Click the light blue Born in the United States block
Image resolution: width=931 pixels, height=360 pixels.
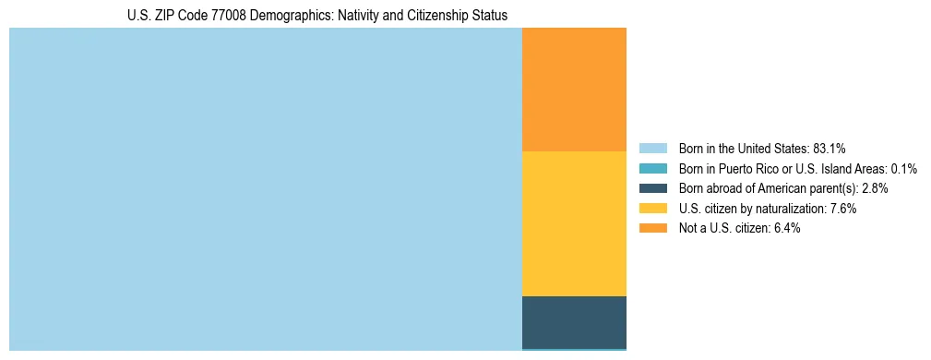(266, 189)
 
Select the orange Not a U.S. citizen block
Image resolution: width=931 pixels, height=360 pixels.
(574, 90)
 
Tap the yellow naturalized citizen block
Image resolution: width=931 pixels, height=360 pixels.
(574, 223)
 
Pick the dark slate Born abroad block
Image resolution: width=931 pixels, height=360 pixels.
(574, 322)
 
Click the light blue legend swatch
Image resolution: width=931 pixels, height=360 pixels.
(652, 148)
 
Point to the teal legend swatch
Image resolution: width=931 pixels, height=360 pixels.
(652, 168)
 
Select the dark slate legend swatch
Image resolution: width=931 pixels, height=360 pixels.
(652, 188)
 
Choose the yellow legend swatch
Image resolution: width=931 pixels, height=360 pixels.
(652, 209)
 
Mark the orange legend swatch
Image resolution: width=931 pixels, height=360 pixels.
(652, 228)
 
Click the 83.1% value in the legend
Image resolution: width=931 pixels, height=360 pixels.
(830, 148)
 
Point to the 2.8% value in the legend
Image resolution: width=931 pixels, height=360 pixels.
(875, 188)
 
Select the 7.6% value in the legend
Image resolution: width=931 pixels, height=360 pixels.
(844, 209)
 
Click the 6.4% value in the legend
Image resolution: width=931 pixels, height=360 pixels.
(787, 228)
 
